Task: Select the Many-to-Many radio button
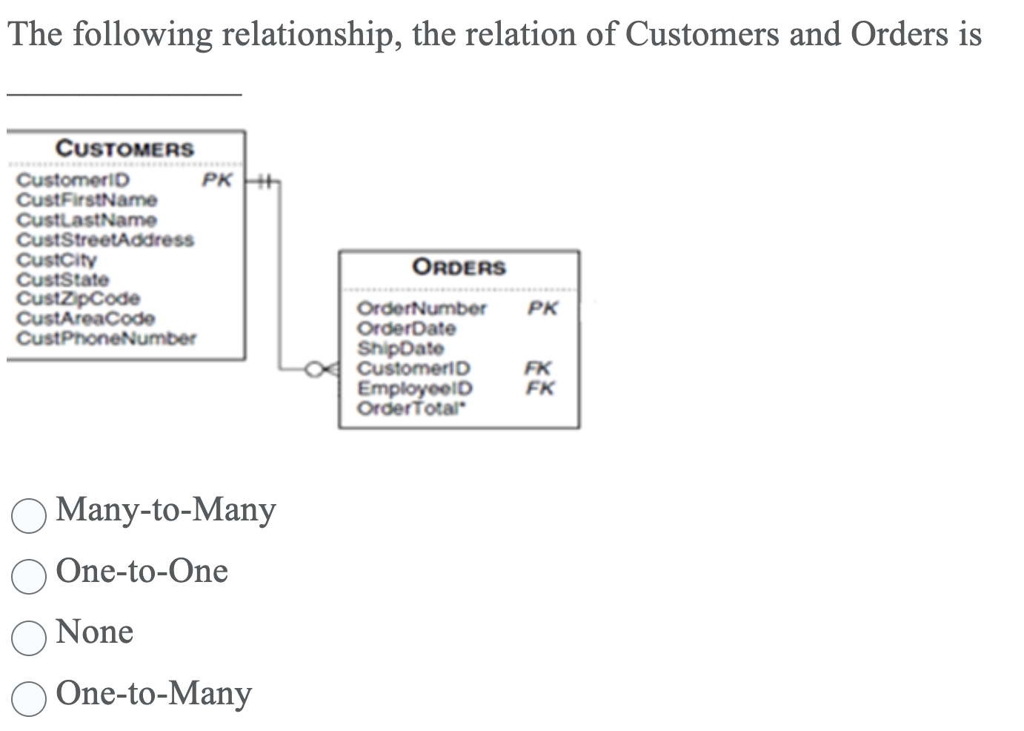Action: tap(30, 515)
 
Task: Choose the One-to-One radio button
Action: tap(30, 576)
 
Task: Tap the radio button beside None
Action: tap(30, 638)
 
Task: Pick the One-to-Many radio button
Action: tap(30, 698)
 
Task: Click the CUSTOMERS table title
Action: tap(125, 148)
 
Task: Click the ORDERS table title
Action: tap(459, 267)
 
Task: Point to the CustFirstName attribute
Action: tap(87, 200)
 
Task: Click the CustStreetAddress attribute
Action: tap(105, 239)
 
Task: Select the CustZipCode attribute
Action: tap(78, 299)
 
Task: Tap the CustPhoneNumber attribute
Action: tap(106, 339)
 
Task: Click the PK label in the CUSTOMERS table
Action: tap(217, 180)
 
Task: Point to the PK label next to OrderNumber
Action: tap(542, 308)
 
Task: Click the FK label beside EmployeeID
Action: tap(539, 388)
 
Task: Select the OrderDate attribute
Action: tap(406, 328)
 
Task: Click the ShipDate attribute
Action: tap(400, 348)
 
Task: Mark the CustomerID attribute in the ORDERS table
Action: tap(413, 368)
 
